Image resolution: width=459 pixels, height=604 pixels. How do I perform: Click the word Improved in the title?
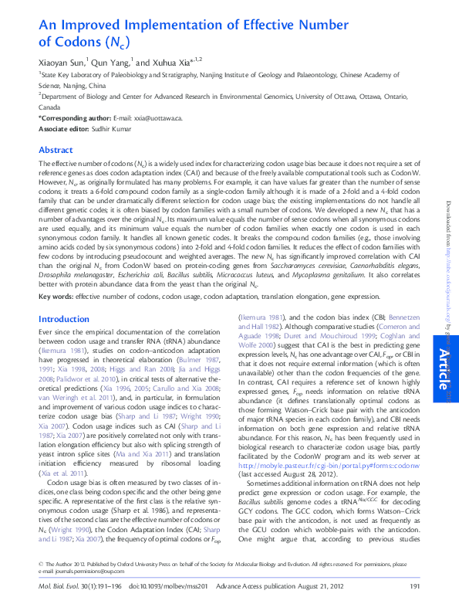tap(89, 23)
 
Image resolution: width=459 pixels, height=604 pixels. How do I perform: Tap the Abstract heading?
tap(56, 150)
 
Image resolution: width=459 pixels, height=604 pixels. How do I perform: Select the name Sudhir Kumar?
tap(118, 129)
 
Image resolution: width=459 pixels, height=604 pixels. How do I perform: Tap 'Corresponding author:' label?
tap(74, 119)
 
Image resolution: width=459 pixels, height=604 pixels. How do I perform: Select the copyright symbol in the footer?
tap(41, 565)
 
